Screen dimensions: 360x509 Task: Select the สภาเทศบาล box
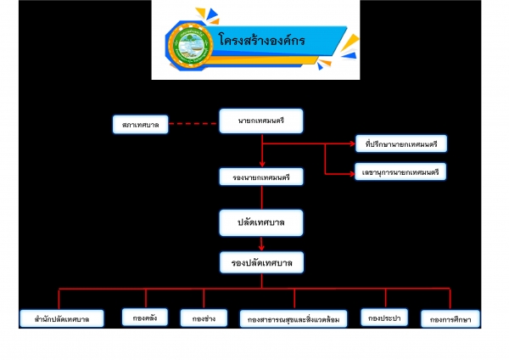(139, 125)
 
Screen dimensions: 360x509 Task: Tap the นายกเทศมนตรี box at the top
(261, 122)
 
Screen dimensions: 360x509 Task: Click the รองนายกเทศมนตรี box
(261, 178)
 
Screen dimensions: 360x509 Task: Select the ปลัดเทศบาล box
(261, 222)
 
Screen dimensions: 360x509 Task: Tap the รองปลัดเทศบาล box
(261, 263)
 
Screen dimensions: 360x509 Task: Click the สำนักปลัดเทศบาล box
(58, 319)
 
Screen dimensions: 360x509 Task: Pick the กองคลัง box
(145, 318)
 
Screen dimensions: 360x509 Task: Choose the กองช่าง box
(204, 318)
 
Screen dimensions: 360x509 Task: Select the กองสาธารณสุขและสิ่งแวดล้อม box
(294, 320)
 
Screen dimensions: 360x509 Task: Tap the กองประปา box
(386, 318)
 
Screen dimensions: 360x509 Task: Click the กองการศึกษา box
(450, 319)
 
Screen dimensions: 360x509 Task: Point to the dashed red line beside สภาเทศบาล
(193, 125)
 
